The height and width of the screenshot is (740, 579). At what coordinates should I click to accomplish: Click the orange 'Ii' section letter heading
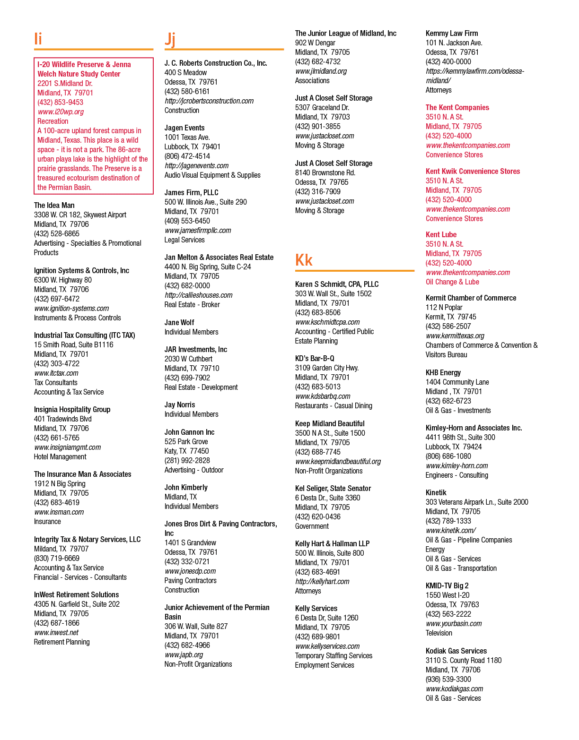click(38, 38)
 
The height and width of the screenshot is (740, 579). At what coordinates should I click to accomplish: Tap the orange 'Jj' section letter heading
click(170, 40)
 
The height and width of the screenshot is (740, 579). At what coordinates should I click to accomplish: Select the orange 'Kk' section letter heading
click(304, 260)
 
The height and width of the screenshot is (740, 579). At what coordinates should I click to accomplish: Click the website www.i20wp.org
click(61, 112)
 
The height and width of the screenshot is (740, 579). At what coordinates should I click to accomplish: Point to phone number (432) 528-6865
click(57, 233)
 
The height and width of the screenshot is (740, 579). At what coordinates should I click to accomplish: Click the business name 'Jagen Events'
click(184, 128)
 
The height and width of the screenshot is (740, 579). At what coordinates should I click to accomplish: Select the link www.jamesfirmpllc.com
click(198, 230)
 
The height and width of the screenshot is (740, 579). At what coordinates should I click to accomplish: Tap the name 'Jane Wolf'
click(179, 322)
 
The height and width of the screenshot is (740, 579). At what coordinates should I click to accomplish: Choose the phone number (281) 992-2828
click(187, 460)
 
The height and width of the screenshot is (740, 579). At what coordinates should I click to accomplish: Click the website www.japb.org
click(184, 654)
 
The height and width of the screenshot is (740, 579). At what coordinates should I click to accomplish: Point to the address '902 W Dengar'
click(315, 43)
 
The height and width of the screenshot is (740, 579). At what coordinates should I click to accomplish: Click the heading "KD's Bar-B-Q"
click(315, 358)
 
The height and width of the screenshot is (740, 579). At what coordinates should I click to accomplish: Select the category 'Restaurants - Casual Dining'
click(333, 405)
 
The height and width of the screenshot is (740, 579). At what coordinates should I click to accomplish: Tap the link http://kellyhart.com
click(322, 581)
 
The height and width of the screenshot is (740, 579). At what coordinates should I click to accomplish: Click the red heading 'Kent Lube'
click(441, 234)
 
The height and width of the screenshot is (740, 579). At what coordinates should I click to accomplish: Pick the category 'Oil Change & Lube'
click(452, 282)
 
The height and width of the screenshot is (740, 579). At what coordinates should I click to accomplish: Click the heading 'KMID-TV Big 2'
click(447, 585)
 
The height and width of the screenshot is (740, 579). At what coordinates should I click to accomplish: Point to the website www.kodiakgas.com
click(454, 688)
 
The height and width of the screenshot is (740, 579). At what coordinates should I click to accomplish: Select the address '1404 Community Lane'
click(457, 382)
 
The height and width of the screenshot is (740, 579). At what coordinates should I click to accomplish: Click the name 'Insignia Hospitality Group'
click(72, 409)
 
